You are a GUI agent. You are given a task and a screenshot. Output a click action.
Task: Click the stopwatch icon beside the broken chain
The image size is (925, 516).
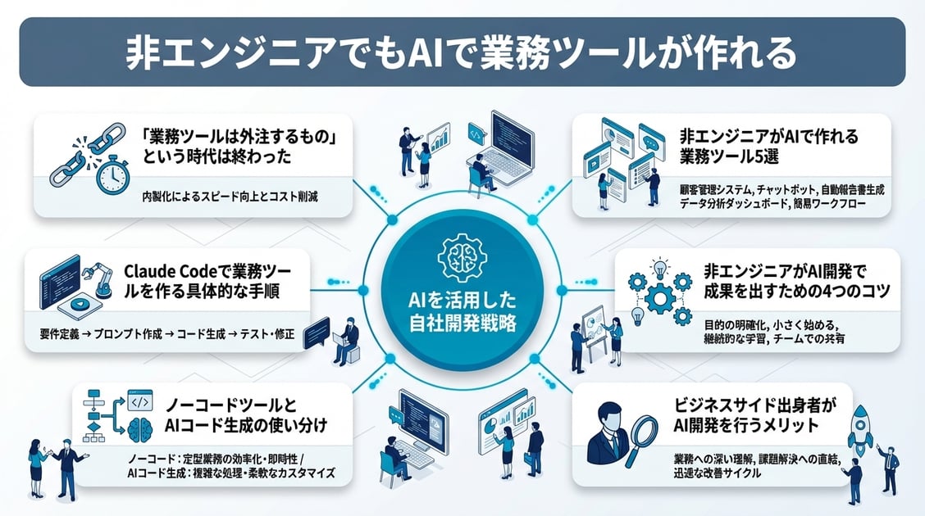[112, 175]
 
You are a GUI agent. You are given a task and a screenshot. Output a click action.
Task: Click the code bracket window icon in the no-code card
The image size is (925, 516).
[139, 401]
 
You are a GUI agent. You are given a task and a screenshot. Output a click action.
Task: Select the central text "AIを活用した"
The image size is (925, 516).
[462, 301]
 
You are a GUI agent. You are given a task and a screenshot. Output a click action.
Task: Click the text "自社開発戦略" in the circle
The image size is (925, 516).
[462, 324]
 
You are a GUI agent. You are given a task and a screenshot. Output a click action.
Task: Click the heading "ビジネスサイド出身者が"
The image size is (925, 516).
[755, 405]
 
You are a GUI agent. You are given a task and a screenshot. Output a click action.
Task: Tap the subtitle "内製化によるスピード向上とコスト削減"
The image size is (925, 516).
[230, 197]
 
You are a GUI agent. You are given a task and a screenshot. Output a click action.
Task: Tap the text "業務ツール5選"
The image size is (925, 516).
[729, 156]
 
